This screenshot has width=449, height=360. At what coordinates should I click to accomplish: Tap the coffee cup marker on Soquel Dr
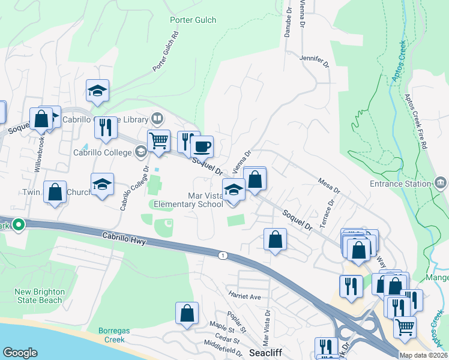tap(202, 146)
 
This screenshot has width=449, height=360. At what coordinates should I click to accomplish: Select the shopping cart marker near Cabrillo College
tap(158, 142)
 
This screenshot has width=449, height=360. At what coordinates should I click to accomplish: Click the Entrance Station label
tap(400, 184)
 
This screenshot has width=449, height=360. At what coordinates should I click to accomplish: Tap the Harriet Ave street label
tap(244, 296)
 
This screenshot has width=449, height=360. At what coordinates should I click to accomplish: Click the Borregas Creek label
tap(112, 335)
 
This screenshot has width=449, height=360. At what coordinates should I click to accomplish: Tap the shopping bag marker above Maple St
tap(187, 313)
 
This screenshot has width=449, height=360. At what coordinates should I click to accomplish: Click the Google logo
tap(20, 352)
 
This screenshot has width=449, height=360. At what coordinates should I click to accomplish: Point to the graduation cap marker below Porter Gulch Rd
tap(97, 91)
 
